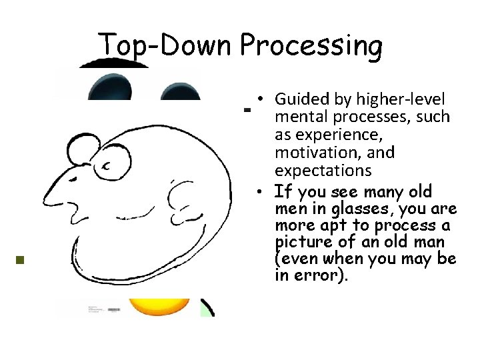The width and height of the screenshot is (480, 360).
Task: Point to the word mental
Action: coord(300,118)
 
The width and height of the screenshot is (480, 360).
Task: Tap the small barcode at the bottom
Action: coord(113,311)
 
